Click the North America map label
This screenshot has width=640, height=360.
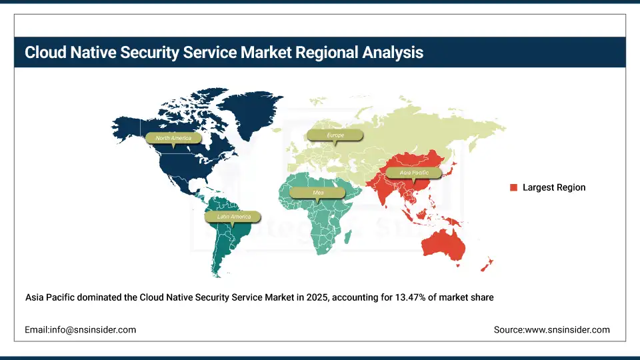(173, 138)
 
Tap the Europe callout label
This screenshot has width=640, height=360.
(335, 135)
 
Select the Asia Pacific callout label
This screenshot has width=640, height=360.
(414, 173)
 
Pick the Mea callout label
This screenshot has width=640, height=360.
(318, 193)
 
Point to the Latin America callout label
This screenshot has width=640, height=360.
(233, 217)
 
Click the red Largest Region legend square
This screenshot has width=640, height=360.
(514, 188)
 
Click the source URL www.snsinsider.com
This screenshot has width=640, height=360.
(567, 330)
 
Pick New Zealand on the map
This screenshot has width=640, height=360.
(487, 264)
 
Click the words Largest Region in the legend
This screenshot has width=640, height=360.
(554, 188)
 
